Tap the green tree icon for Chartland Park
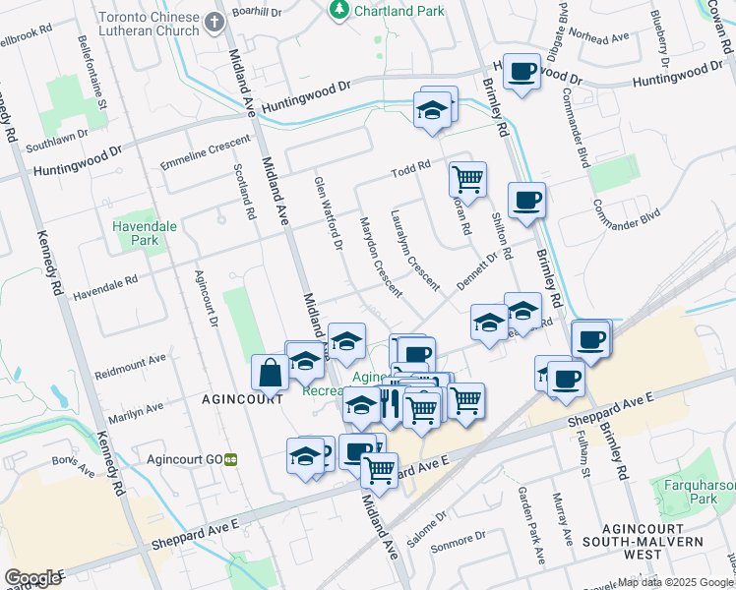pyautogui.click(x=338, y=10)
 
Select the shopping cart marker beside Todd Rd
pyautogui.click(x=467, y=180)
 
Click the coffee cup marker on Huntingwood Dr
pyautogui.click(x=521, y=72)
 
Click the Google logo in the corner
pyautogui.click(x=32, y=577)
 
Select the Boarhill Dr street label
pyautogui.click(x=257, y=13)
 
